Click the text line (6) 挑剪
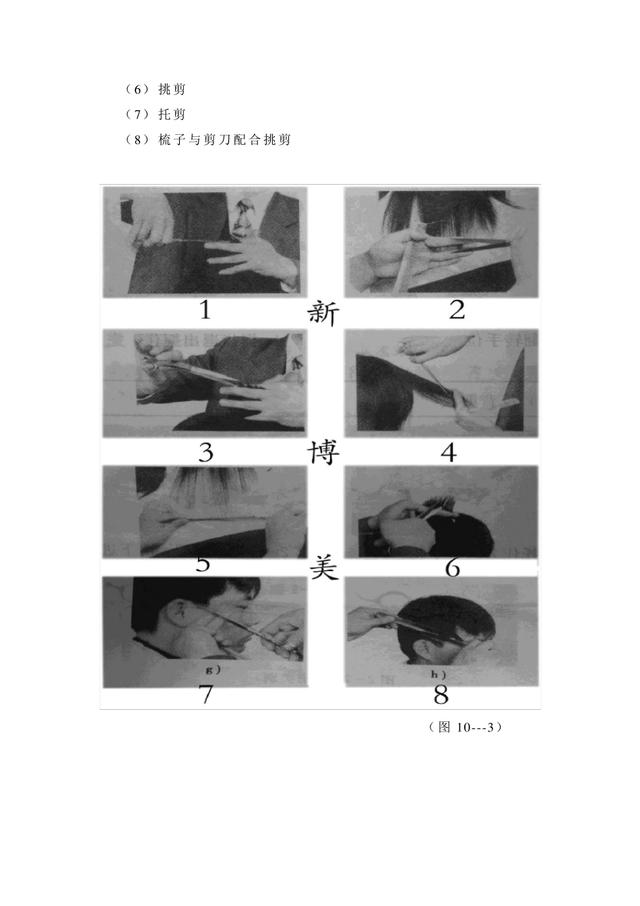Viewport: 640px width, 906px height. [156, 89]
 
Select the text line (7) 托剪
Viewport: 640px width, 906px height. [156, 115]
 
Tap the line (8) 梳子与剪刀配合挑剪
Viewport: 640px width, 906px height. [208, 140]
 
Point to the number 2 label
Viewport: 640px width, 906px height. [457, 310]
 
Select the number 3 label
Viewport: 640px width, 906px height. [206, 452]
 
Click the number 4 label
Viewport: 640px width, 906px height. [449, 452]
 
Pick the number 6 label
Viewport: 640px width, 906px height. [453, 568]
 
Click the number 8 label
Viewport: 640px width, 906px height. [441, 694]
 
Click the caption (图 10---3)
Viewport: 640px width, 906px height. [465, 727]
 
